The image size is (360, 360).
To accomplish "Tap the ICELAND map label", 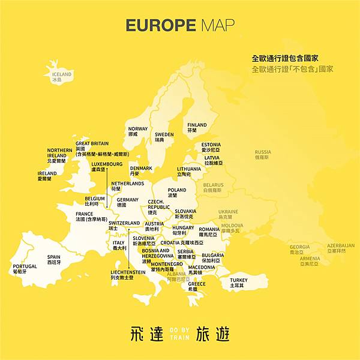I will (x=61, y=75).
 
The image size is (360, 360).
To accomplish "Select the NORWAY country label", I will (x=137, y=129).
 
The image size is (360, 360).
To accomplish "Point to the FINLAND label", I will (x=197, y=125).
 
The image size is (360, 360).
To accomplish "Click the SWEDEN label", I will (x=164, y=135).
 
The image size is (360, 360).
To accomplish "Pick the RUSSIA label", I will (x=262, y=152).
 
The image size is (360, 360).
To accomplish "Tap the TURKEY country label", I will (x=238, y=280).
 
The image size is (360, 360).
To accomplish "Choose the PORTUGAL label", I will (x=25, y=266).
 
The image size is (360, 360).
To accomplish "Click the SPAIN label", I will (x=54, y=257).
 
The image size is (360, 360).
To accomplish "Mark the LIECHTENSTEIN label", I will (x=128, y=272).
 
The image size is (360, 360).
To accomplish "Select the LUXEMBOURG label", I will (x=107, y=164).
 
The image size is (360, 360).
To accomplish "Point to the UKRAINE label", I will (x=228, y=212).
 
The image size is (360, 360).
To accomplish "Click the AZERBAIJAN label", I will (x=340, y=245).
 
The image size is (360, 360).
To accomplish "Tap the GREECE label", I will (x=196, y=284).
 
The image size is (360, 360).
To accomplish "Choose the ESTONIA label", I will (x=211, y=145).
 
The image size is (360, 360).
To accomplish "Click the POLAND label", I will (x=176, y=190).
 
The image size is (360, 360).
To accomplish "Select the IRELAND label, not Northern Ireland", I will (x=47, y=174).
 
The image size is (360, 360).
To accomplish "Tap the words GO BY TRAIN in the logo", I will (x=179, y=334).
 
